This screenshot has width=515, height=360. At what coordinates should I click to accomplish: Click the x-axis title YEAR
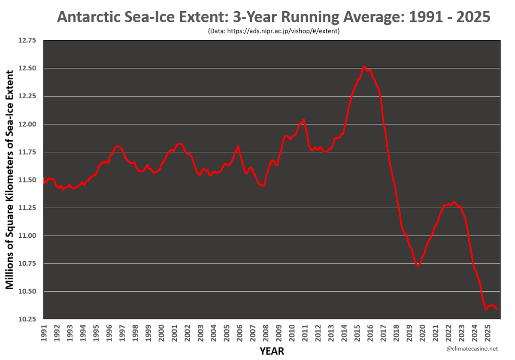272,351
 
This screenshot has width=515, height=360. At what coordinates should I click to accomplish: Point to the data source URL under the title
273,31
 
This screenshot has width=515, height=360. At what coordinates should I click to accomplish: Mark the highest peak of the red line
364,67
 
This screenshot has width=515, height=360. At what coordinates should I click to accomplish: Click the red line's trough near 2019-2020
418,266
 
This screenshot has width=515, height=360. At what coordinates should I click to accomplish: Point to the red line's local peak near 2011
303,120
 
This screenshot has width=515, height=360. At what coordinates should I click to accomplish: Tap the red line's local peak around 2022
454,202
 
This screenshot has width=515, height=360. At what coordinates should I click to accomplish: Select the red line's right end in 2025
497,309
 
